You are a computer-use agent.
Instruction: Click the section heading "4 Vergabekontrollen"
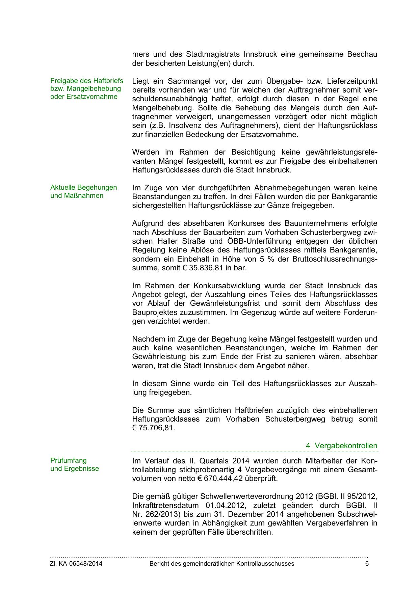(341, 446)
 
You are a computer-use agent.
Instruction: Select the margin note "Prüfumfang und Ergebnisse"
(75, 464)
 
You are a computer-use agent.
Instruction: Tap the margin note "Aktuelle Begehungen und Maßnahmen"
(83, 191)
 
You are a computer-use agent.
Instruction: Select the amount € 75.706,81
(154, 428)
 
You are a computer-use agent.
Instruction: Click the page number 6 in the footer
(367, 564)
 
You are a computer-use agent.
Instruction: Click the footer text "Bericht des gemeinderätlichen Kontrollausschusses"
(221, 564)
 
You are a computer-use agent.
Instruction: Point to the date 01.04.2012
(225, 505)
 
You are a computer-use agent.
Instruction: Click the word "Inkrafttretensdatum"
(163, 505)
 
